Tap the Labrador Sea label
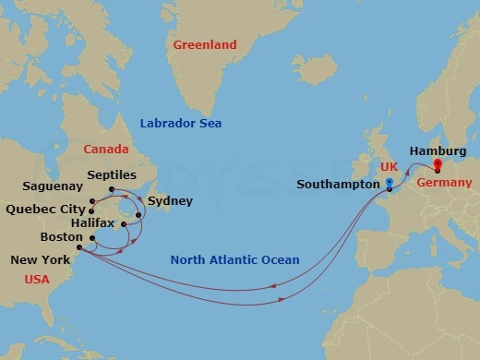tap(181, 124)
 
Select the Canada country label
tap(105, 149)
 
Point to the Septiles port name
tap(112, 174)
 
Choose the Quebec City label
tap(42, 208)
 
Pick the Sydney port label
tap(170, 199)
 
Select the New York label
tap(39, 261)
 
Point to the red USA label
tap(37, 279)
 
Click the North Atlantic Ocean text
tap(234, 260)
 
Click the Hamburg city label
tap(438, 150)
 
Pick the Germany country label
tap(443, 184)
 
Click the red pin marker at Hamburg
tap(438, 166)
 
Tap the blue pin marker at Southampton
tap(390, 184)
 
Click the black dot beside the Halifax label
tap(122, 223)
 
